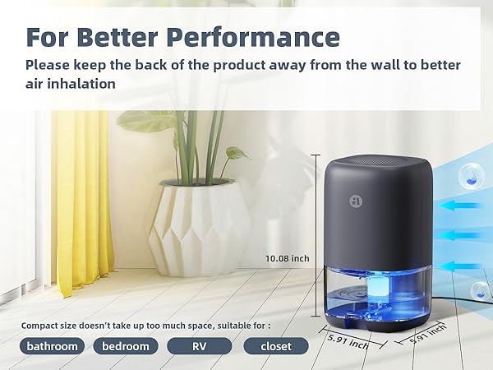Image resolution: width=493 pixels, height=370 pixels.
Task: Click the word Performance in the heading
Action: tap(257, 37)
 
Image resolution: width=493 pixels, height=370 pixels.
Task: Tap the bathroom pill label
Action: tap(52, 346)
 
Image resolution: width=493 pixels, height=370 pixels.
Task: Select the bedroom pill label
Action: tap(126, 346)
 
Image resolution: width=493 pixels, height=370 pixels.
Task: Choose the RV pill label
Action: tap(199, 346)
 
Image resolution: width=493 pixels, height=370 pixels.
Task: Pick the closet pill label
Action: tap(275, 346)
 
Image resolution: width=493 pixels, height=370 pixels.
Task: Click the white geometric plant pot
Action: tap(198, 226)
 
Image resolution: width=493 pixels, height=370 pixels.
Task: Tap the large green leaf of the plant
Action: tap(149, 120)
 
